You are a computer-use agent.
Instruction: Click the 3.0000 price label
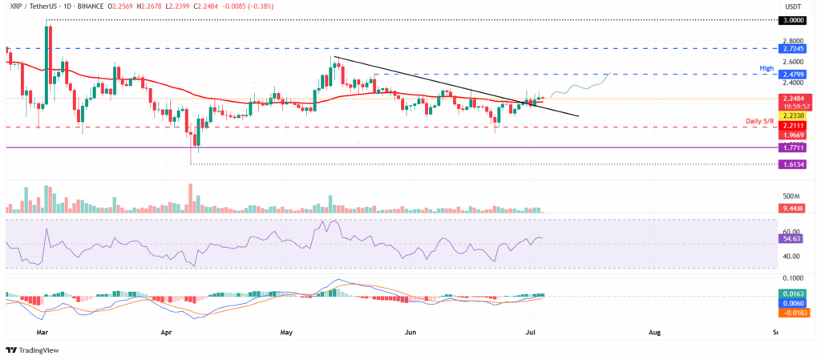(x=795, y=20)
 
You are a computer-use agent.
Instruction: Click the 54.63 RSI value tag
(x=792, y=238)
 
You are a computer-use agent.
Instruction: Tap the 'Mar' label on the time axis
(x=42, y=330)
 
